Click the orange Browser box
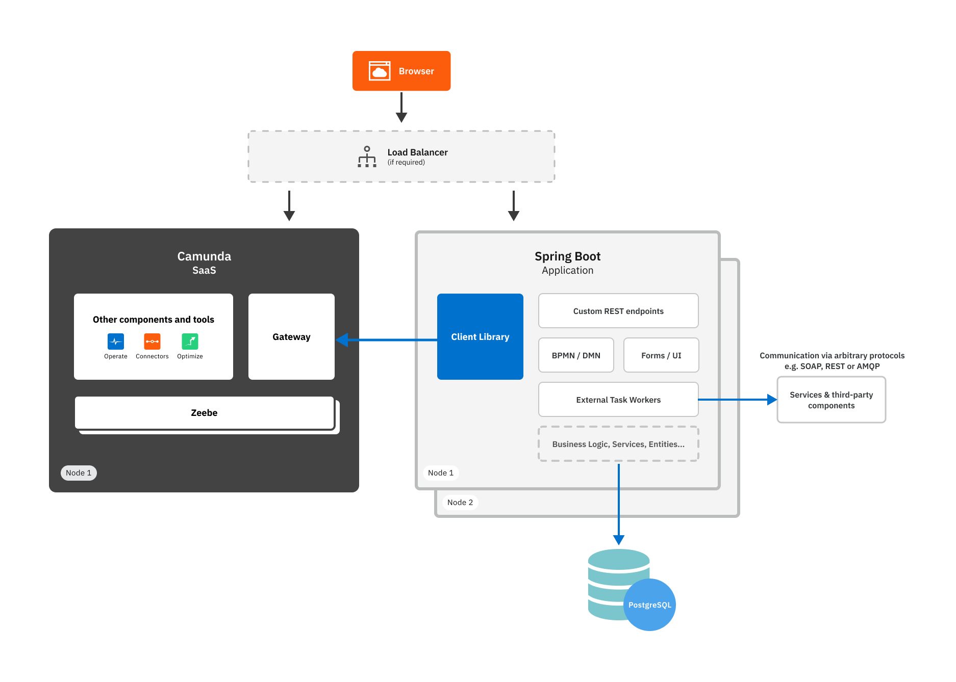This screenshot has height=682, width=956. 401,71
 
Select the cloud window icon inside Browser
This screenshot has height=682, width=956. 380,71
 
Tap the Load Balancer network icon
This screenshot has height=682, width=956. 367,157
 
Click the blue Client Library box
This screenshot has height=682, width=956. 480,336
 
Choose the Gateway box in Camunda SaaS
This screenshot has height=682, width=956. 291,336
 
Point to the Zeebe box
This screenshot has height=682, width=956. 204,412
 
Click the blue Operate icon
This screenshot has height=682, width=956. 116,342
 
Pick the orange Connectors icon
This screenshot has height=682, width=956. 152,342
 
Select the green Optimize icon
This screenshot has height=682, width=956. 190,342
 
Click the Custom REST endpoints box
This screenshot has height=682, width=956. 618,311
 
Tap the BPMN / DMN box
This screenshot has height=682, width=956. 576,355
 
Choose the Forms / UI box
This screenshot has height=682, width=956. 661,355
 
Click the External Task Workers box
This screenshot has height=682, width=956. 618,400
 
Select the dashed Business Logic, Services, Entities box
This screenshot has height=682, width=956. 618,444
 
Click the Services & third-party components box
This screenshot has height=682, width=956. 831,400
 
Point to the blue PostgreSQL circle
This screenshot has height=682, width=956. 650,605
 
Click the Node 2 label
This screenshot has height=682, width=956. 460,502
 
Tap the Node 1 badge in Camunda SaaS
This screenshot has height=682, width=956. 79,473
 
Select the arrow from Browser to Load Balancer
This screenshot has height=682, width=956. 401,107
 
